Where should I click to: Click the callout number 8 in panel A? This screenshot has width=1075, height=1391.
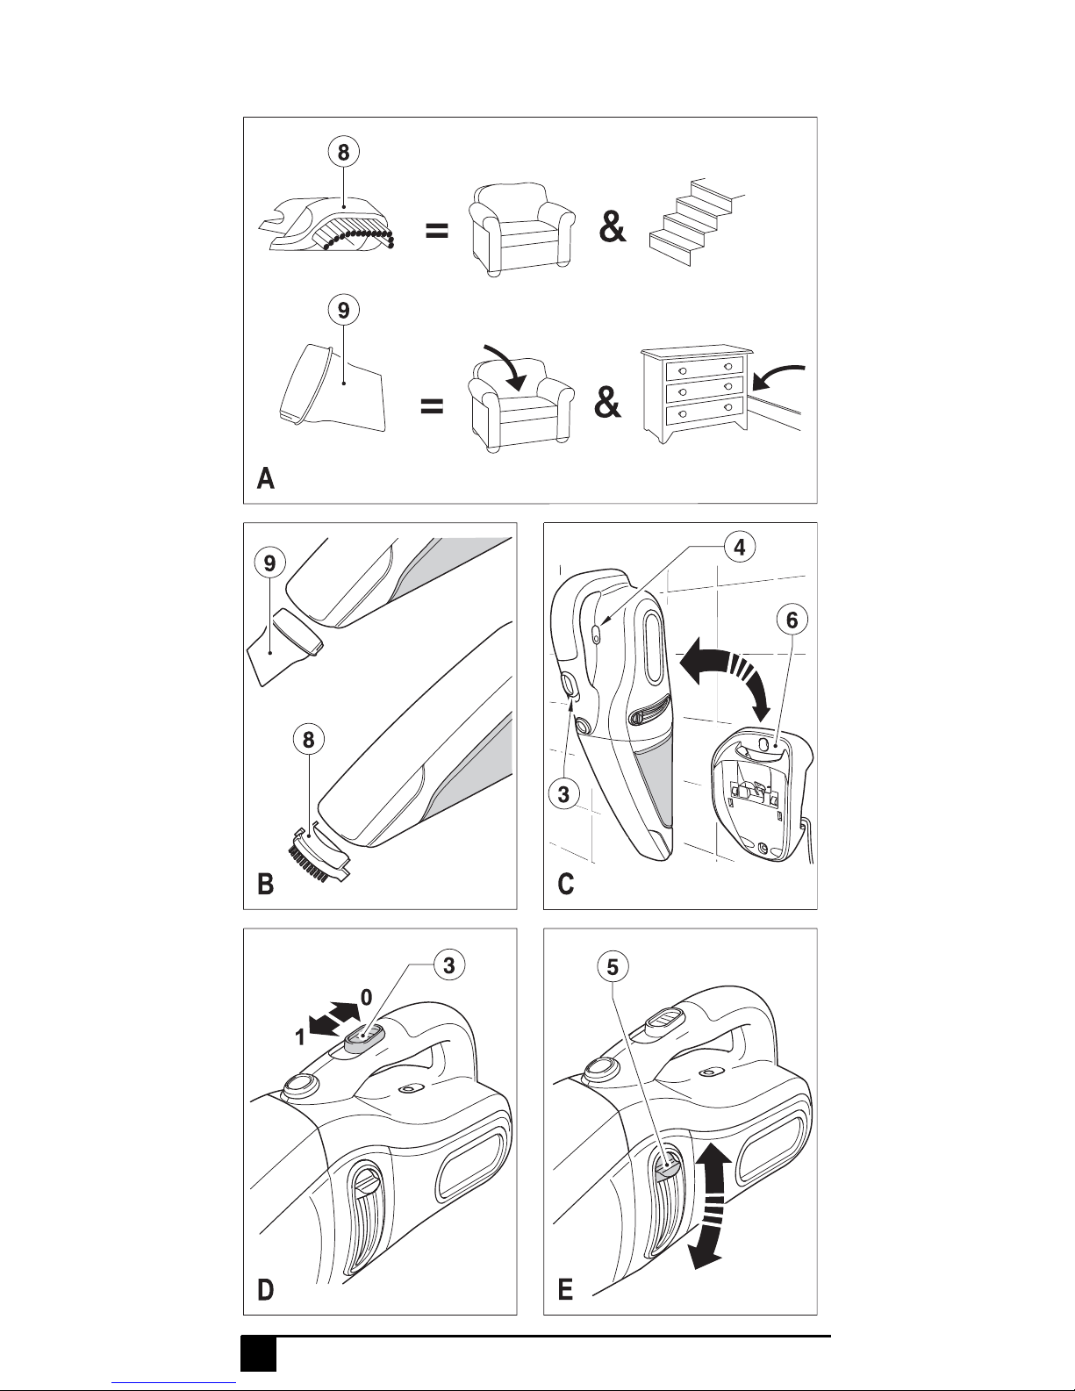[x=344, y=153]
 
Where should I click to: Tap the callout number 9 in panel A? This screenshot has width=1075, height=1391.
[x=344, y=311]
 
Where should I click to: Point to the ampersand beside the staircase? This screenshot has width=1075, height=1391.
[x=613, y=227]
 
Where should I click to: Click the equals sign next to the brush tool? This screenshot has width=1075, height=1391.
[x=437, y=231]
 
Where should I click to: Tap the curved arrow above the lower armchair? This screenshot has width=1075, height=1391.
[x=506, y=366]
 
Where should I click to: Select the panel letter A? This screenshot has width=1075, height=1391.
[x=266, y=478]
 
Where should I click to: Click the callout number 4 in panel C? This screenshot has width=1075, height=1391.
[x=740, y=548]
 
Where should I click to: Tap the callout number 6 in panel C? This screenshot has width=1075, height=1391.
[x=792, y=620]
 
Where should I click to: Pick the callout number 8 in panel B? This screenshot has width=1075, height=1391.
[x=308, y=740]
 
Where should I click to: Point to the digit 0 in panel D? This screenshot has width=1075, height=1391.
[x=367, y=997]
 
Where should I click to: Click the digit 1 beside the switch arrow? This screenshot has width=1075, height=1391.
[x=299, y=1036]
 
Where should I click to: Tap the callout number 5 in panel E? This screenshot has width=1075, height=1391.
[x=613, y=967]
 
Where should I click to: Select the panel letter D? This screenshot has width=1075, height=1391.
[x=266, y=1290]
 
